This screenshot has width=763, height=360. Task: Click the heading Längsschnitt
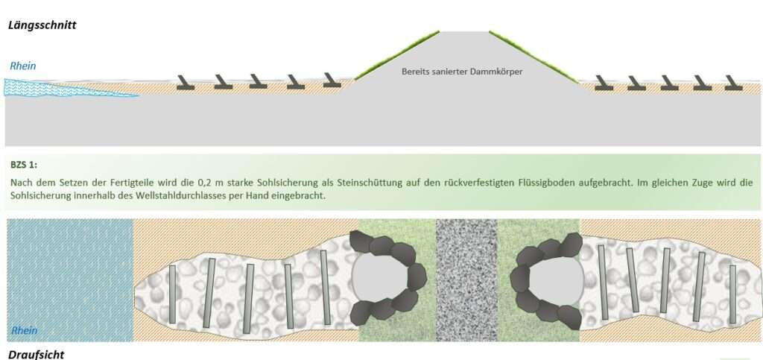42,25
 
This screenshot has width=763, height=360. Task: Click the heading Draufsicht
37,353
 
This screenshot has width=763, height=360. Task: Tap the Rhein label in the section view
23,66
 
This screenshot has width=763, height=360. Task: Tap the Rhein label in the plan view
24,330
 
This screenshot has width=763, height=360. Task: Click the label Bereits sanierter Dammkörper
462,72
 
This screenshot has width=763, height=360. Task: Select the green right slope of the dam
534,56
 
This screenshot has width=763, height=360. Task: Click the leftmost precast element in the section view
186,83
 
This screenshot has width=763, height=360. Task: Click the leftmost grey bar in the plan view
172,294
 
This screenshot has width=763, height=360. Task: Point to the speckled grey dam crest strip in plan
466,280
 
